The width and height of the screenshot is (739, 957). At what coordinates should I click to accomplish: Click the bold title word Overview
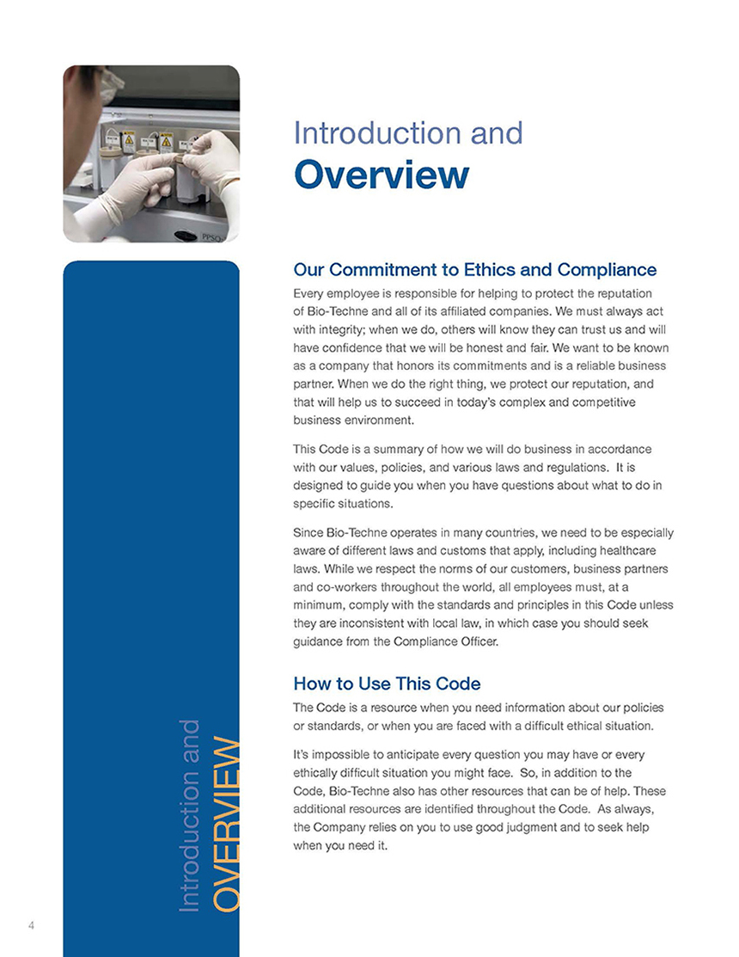[x=382, y=174]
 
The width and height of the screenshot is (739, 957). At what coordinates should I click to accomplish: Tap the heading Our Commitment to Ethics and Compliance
[x=475, y=270]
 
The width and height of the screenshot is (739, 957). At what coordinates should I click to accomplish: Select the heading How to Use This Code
[x=387, y=684]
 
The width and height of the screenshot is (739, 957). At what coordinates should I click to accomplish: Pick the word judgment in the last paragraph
[x=534, y=827]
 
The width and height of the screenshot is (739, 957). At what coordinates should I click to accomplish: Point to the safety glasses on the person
[x=110, y=82]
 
